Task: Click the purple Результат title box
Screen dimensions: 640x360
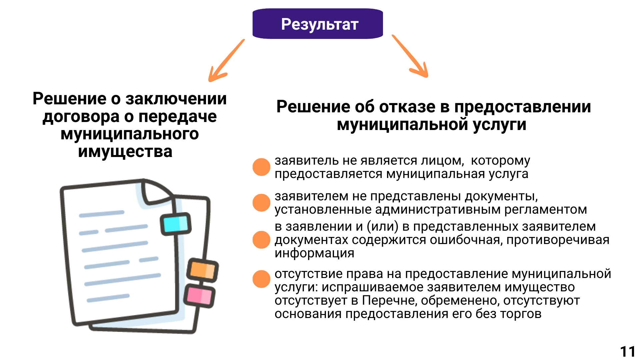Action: (x=318, y=24)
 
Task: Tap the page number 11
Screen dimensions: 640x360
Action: (x=628, y=351)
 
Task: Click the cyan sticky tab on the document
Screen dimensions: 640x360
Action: (x=176, y=224)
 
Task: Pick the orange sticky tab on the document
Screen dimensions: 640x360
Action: (x=202, y=270)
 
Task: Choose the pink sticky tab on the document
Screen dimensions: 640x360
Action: (x=199, y=296)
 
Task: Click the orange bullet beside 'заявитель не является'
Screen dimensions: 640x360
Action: (x=261, y=167)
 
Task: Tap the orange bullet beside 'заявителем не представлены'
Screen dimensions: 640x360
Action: (x=261, y=203)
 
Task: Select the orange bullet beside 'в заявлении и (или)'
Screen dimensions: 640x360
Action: (x=261, y=240)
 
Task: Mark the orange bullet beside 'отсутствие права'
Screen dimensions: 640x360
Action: (x=261, y=279)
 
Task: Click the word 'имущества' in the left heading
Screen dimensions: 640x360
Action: (x=125, y=152)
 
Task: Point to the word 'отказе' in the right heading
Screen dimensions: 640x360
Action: (x=407, y=107)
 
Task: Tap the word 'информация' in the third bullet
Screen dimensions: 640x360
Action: (x=314, y=253)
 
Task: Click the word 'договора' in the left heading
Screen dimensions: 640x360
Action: (x=81, y=117)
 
